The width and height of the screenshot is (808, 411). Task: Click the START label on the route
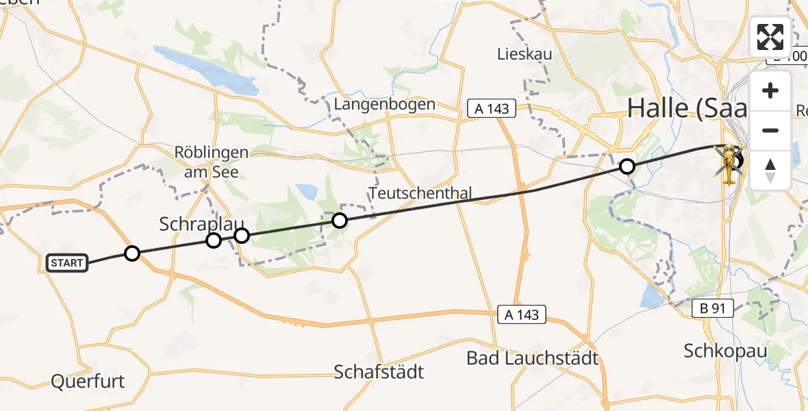(x=67, y=263)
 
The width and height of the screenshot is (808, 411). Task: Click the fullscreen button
(x=770, y=37)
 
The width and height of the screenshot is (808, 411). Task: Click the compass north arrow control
(x=770, y=171)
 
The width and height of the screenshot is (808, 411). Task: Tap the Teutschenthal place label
(x=420, y=193)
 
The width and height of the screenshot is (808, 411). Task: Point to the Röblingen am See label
(x=212, y=162)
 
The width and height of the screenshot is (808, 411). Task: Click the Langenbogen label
(x=385, y=104)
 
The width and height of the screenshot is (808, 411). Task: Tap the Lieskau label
(x=525, y=53)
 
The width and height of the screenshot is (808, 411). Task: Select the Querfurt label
(x=88, y=382)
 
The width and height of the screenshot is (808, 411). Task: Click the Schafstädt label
(x=379, y=372)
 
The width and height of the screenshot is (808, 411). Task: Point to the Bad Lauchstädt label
(x=532, y=358)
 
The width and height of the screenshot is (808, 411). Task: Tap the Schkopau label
(x=725, y=351)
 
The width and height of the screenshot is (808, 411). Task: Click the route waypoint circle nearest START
(x=132, y=253)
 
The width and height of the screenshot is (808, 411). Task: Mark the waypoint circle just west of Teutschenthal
(x=340, y=220)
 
